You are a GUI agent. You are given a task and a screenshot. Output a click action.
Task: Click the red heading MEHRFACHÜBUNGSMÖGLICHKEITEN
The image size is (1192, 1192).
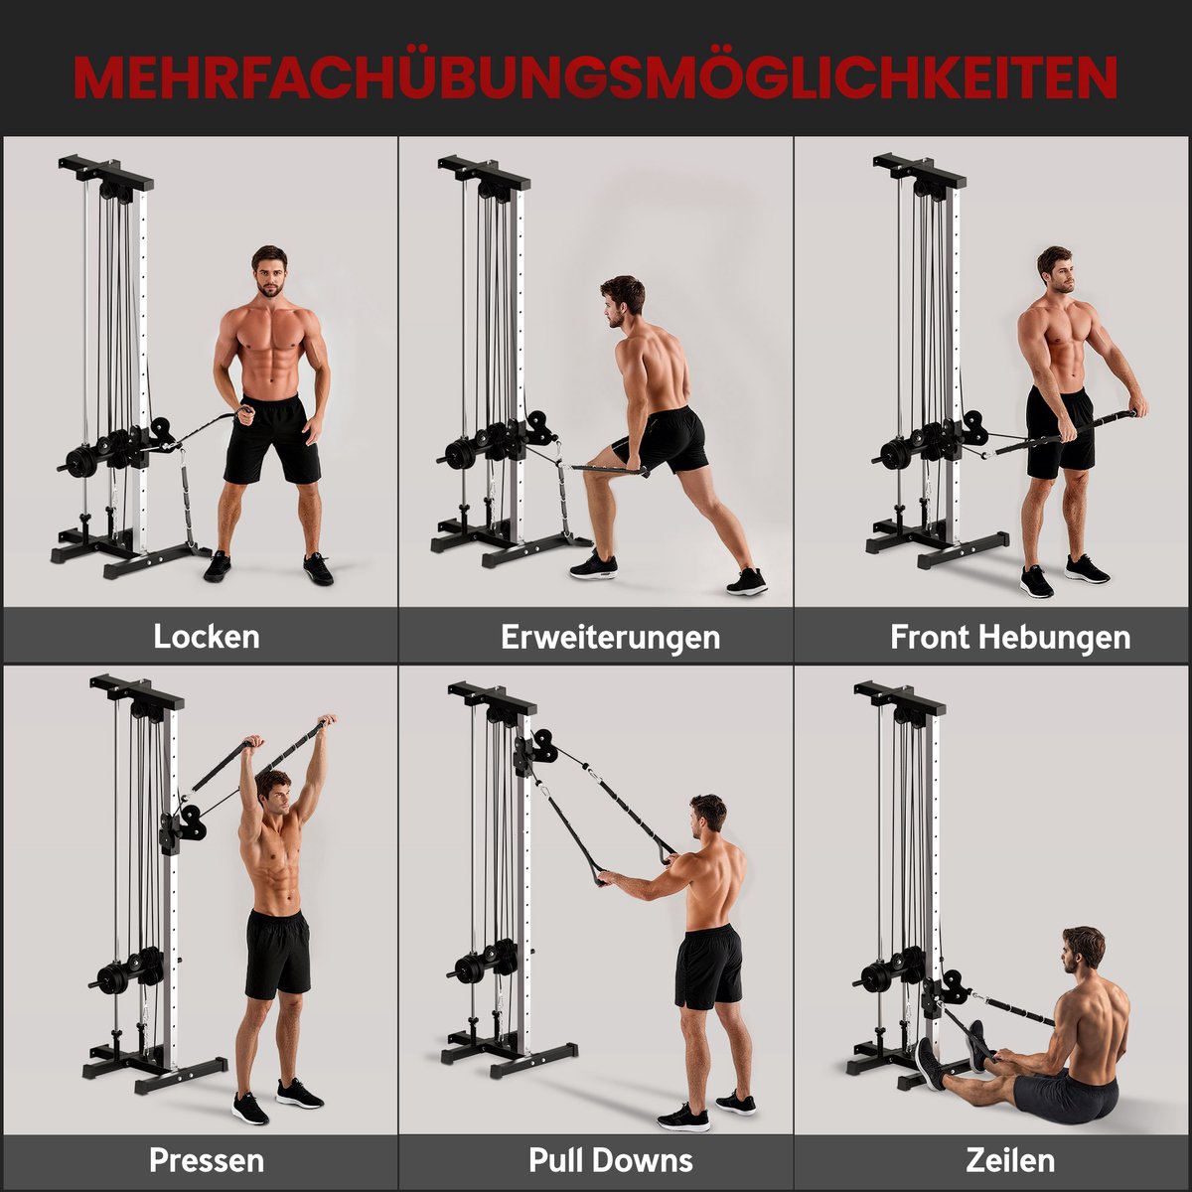click(x=595, y=78)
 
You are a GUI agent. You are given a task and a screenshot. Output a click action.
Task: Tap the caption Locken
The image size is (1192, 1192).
click(x=207, y=637)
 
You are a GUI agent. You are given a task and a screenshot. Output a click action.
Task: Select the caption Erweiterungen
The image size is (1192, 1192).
click(x=611, y=638)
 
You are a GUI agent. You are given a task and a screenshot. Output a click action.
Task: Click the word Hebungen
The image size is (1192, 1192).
click(x=1064, y=638)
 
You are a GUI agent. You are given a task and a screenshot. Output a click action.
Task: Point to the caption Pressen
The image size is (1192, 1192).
click(x=207, y=1160)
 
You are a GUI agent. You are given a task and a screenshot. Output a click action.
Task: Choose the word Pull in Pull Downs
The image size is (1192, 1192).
click(x=557, y=1160)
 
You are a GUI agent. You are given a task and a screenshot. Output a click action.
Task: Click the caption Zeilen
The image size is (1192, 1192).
click(x=1010, y=1160)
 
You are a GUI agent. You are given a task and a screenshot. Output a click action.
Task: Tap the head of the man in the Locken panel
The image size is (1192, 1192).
click(x=270, y=271)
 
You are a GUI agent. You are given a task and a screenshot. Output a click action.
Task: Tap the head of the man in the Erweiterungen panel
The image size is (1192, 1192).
click(x=622, y=301)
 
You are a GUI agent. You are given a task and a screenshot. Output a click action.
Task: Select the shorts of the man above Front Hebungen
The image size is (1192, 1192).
click(x=1059, y=431)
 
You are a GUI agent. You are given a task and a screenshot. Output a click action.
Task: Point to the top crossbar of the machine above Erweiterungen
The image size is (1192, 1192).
click(x=485, y=172)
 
